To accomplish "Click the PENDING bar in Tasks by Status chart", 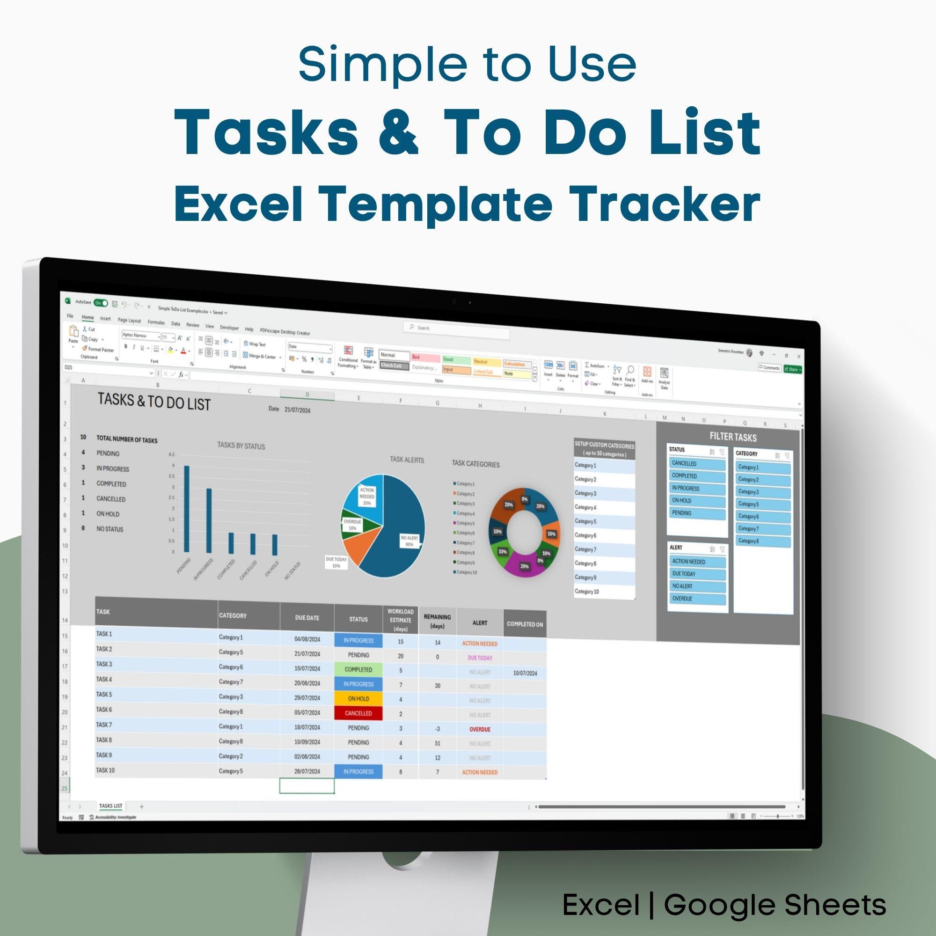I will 187,509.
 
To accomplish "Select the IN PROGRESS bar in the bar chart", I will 209,520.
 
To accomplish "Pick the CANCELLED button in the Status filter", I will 697,464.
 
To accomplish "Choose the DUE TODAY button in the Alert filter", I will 697,574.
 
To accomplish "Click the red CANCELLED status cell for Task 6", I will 358,713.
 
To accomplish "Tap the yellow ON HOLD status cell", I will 358,699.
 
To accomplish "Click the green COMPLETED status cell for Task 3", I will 358,670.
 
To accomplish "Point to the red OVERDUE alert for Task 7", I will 480,729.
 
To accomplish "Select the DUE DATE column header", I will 307,618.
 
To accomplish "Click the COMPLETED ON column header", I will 525,624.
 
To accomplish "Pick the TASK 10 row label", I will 106,770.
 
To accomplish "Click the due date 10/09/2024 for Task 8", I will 307,742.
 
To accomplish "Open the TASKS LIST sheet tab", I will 111,806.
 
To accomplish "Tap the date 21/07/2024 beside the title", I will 298,410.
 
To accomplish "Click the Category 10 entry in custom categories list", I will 587,592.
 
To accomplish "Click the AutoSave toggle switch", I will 101,303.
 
